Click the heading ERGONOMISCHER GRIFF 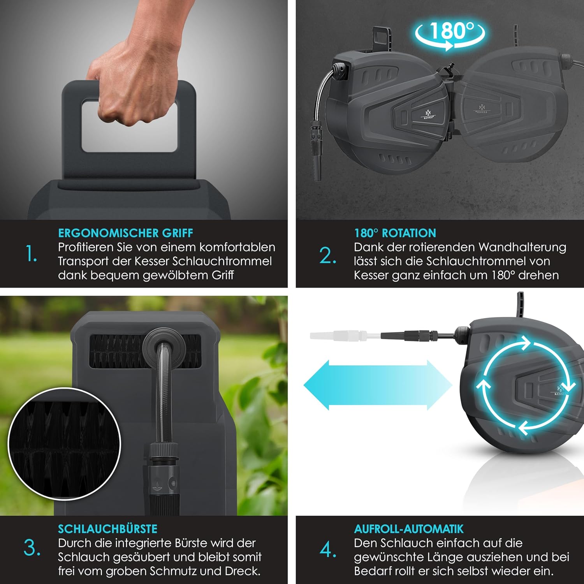[x=125, y=233]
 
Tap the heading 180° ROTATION [x=395, y=233]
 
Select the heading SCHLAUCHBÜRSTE [x=107, y=529]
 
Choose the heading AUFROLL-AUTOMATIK [x=409, y=529]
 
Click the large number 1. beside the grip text [x=31, y=254]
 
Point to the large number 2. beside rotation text [x=328, y=256]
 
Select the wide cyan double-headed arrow [x=378, y=385]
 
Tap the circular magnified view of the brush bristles [x=64, y=444]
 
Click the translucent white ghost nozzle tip [x=339, y=335]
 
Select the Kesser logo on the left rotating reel [x=428, y=114]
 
